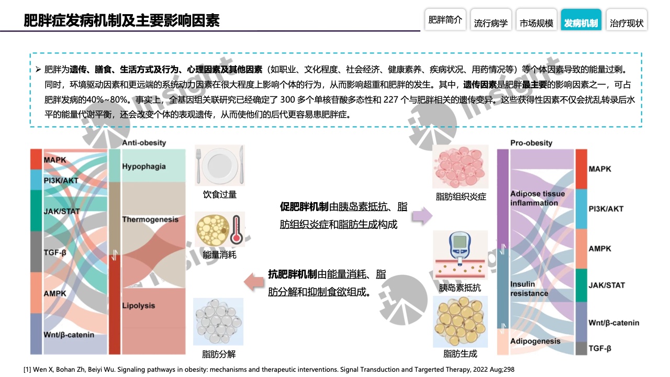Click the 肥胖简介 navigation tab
(445, 20)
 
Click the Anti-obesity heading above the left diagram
(144, 142)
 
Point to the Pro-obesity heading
(531, 143)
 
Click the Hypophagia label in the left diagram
(144, 167)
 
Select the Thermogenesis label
(150, 219)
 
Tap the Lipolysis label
(139, 305)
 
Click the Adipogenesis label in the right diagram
(535, 341)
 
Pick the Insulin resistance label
(529, 289)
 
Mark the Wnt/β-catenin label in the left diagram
(69, 334)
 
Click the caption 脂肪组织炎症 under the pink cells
(461, 197)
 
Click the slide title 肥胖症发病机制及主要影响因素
(122, 20)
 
